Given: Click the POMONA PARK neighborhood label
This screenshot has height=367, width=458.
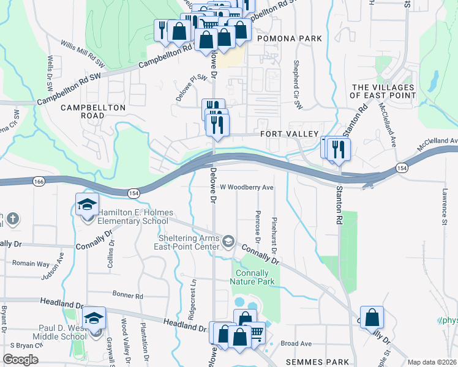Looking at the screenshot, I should coord(290,39).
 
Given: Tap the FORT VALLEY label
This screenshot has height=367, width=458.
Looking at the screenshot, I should coord(289,134).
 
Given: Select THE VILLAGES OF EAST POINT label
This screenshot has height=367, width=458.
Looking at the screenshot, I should coord(383,91).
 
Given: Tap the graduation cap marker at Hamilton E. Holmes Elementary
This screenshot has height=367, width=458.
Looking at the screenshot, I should coord(87,204).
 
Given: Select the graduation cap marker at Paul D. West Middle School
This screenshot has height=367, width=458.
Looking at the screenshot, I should coord(94,318).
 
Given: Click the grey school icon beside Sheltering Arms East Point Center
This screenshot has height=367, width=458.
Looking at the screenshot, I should coord(228,240).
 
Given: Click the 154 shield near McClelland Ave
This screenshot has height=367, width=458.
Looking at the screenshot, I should coord(401,168).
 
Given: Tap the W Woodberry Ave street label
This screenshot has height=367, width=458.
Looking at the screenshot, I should coord(246,187).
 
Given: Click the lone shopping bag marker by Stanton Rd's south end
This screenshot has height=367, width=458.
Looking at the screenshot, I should coord(372,317).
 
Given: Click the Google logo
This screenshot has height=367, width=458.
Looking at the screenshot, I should coord(20,360).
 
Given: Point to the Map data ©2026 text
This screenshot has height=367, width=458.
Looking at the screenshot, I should coord(432,362).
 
